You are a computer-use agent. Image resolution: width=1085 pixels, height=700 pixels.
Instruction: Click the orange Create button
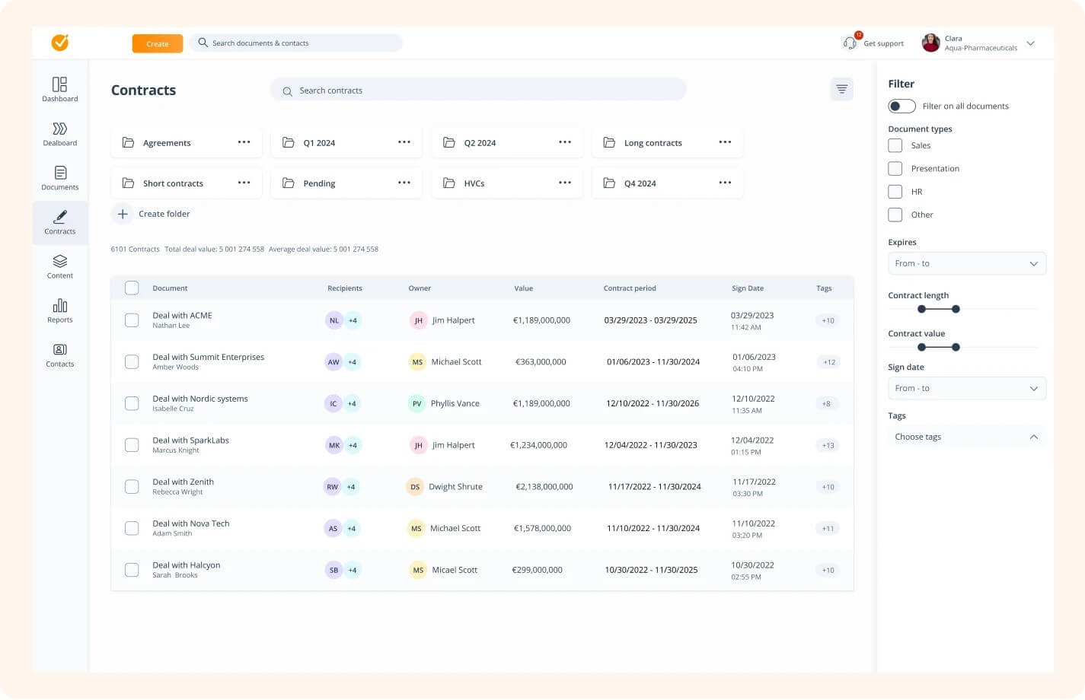point(157,44)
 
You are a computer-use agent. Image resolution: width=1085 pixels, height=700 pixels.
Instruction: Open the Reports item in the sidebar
point(60,310)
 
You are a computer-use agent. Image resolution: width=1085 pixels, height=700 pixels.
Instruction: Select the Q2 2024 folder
point(480,143)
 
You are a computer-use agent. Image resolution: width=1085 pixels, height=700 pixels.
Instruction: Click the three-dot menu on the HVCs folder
point(564,183)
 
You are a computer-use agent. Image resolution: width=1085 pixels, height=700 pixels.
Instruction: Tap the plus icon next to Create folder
point(123,214)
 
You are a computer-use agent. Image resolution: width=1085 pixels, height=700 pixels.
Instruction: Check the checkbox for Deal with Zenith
point(132,487)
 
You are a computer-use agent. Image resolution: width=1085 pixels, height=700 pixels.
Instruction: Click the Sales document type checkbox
point(895,145)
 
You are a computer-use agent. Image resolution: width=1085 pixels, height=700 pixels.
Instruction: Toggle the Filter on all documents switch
point(902,107)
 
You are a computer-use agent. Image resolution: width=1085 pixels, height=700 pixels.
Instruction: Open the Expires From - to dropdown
point(966,263)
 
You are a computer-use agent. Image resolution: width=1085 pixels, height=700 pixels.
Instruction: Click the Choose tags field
point(966,437)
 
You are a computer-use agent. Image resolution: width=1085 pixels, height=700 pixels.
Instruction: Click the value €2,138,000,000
point(544,487)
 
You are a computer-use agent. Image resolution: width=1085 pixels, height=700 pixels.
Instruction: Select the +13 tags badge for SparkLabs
point(828,445)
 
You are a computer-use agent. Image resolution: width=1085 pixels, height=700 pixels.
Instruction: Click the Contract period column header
point(629,288)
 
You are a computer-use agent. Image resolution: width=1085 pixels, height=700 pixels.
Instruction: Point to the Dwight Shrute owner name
point(455,487)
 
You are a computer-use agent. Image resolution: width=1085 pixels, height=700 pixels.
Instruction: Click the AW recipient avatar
point(333,362)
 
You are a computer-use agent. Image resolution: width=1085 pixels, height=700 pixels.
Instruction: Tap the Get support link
point(883,44)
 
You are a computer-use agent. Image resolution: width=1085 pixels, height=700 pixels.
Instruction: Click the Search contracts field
point(478,91)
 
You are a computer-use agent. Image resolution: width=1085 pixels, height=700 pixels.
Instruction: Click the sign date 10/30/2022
point(752,565)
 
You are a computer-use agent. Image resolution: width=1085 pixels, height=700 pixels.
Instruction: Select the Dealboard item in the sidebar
point(60,134)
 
